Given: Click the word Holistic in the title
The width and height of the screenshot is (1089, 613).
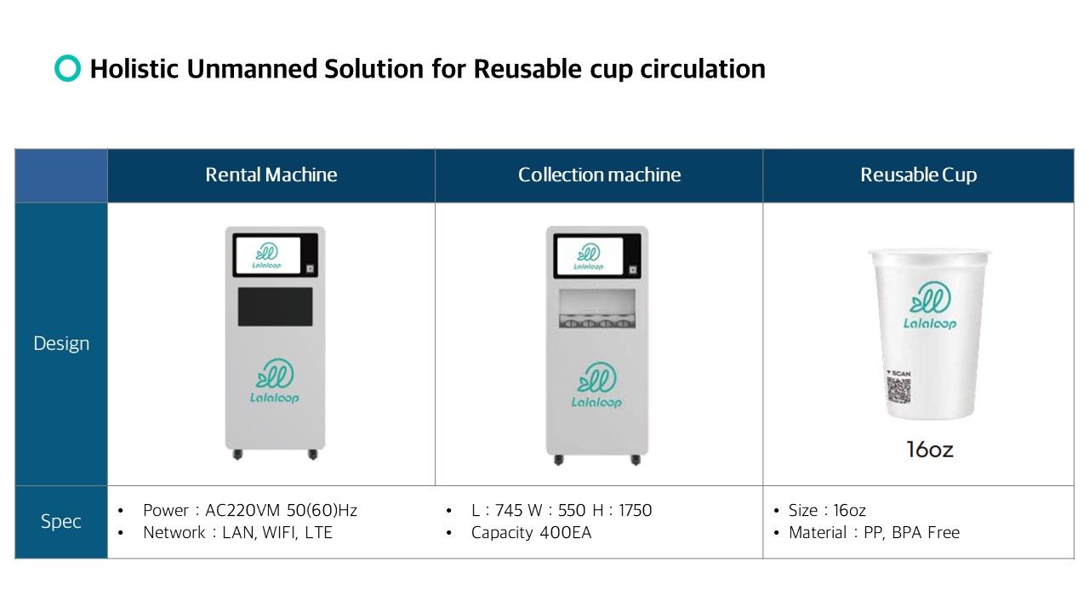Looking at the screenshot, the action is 134,69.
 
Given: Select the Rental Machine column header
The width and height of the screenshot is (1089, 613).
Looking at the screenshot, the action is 271,175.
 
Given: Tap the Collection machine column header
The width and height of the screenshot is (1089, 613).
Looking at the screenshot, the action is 599,175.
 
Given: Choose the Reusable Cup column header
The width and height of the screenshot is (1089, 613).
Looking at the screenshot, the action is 918,175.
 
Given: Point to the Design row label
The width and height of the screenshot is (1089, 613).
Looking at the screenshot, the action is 61,343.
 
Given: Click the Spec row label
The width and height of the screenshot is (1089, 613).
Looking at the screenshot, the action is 60,522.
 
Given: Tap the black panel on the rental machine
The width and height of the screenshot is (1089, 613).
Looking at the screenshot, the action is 275,306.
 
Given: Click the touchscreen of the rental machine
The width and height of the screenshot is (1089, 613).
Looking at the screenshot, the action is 268,255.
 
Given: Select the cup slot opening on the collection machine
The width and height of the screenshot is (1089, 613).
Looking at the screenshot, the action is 597,308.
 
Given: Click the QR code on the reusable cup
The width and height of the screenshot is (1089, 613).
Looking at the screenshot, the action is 899,390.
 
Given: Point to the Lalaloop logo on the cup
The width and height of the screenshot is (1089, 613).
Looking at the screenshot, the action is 930,306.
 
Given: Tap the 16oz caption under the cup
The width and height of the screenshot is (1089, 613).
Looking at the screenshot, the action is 930,450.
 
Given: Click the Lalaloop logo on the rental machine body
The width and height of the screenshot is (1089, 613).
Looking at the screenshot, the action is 275,381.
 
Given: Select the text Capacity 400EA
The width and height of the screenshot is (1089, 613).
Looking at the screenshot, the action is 531,533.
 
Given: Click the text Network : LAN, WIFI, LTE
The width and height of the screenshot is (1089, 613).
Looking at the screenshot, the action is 237,533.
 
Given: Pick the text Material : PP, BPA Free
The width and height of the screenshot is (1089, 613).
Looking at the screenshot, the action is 874,533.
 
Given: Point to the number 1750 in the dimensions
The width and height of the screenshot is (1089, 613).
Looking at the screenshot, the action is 635,510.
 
